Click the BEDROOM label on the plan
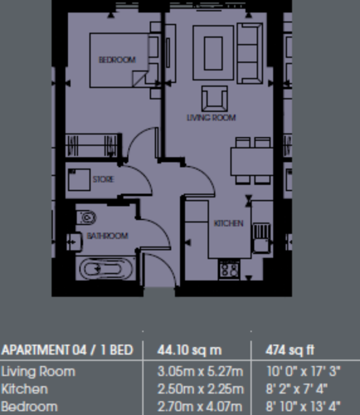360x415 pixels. pyautogui.click(x=117, y=60)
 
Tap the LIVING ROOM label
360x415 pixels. pyautogui.click(x=211, y=118)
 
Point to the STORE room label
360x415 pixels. pyautogui.click(x=103, y=179)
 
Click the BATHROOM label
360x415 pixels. pyautogui.click(x=108, y=236)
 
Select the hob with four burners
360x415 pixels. pyautogui.click(x=229, y=270)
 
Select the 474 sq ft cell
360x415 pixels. pyautogui.click(x=291, y=350)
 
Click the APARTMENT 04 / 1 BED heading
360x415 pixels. pyautogui.click(x=67, y=350)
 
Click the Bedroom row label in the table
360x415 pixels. pyautogui.click(x=30, y=406)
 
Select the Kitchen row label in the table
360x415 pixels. pyautogui.click(x=25, y=389)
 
